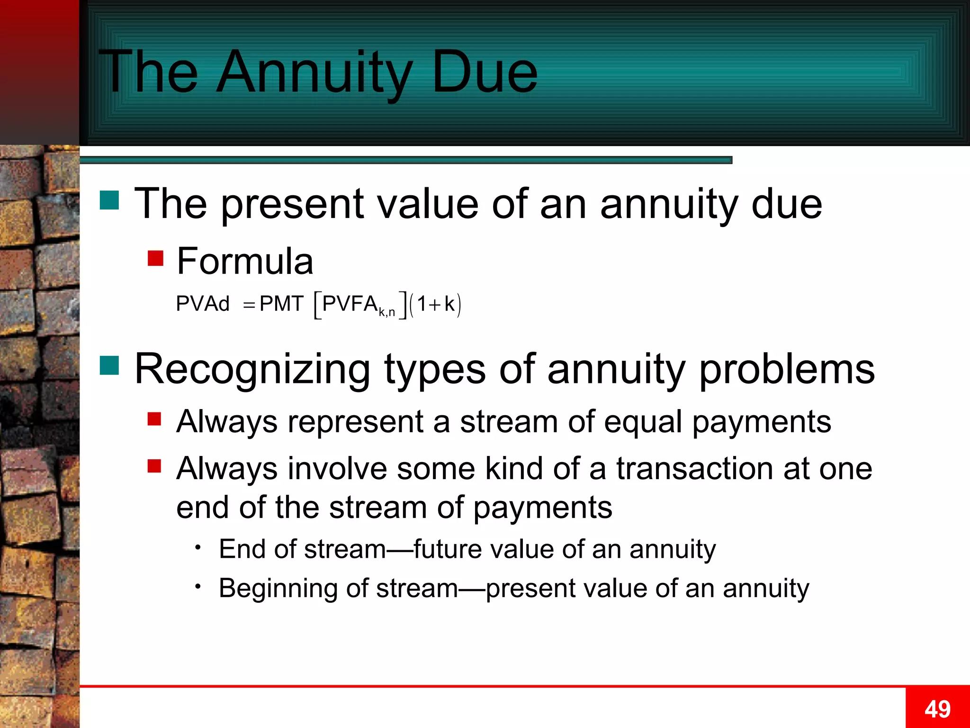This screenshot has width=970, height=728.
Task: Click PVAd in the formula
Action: (x=203, y=304)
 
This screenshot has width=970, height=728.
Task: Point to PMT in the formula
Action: (x=281, y=304)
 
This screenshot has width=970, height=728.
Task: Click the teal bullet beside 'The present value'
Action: (x=109, y=200)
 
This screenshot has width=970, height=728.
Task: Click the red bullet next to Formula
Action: (x=155, y=258)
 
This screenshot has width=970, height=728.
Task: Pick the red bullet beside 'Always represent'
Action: (x=154, y=419)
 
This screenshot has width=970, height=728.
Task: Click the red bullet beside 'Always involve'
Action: (x=154, y=466)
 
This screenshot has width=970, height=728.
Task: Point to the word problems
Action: (x=787, y=370)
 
